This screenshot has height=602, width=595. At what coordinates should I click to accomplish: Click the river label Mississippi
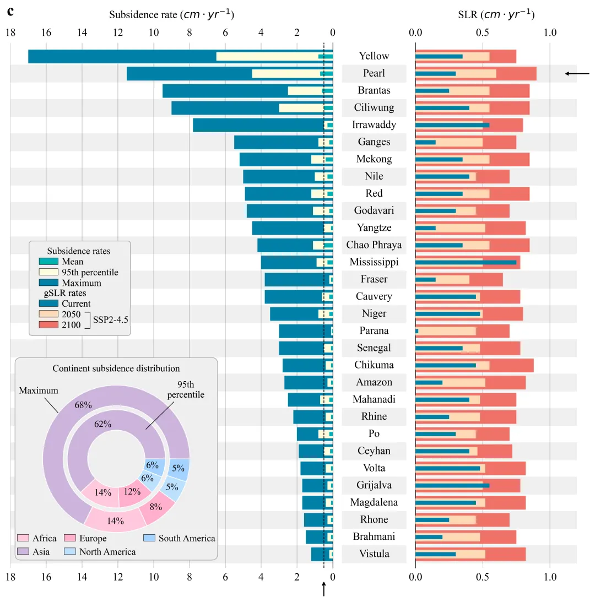[x=374, y=262]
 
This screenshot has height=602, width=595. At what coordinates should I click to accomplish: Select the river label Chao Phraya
[x=374, y=245]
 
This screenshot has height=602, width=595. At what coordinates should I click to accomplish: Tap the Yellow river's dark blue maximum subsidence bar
[x=121, y=56]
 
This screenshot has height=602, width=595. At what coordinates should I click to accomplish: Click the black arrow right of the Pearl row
[x=577, y=73]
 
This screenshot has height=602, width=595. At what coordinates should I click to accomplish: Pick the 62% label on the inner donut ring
[x=103, y=424]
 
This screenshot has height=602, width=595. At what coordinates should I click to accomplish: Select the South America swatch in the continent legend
[x=149, y=538]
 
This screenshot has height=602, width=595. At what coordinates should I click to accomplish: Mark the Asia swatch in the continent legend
[x=23, y=551]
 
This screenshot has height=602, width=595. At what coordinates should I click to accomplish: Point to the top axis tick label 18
[x=10, y=32]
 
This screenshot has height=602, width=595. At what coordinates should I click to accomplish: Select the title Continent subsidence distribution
[x=116, y=368]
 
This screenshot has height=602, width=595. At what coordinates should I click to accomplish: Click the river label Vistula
[x=374, y=554]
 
